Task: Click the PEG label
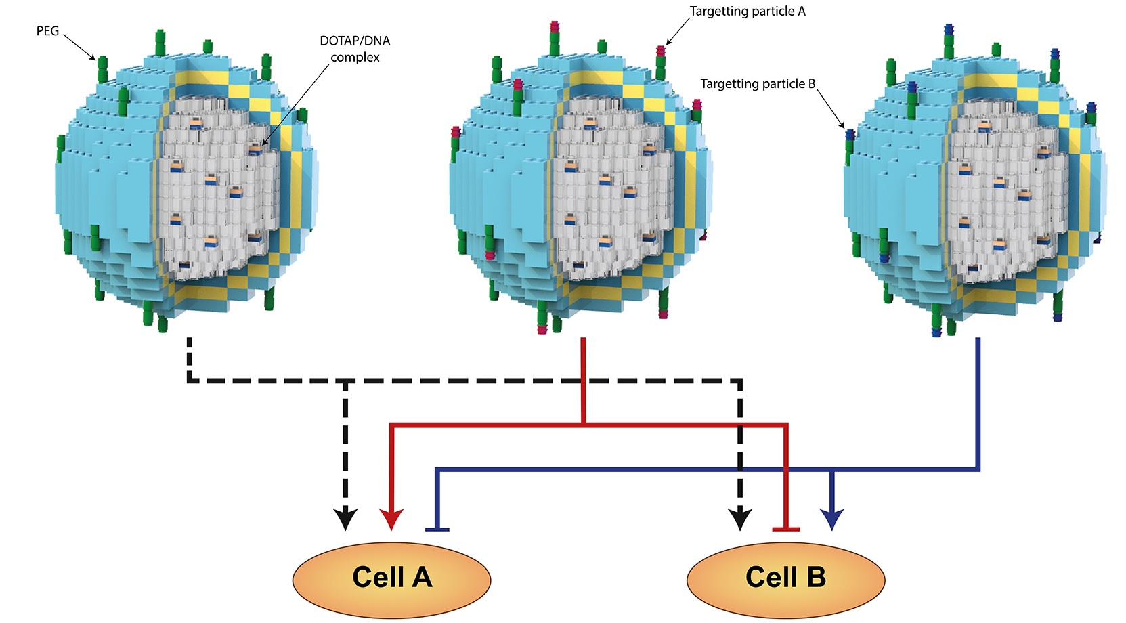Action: [x=47, y=31]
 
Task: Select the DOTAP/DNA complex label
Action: [x=355, y=49]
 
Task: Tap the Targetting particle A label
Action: [x=748, y=12]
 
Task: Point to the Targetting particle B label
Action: [x=758, y=84]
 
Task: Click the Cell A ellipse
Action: [x=391, y=579]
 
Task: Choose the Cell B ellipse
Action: [x=785, y=579]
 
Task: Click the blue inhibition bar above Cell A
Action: [x=437, y=529]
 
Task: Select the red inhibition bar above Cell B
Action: [x=786, y=529]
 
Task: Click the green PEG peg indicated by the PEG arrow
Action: [x=103, y=68]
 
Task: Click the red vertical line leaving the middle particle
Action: [x=583, y=379]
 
